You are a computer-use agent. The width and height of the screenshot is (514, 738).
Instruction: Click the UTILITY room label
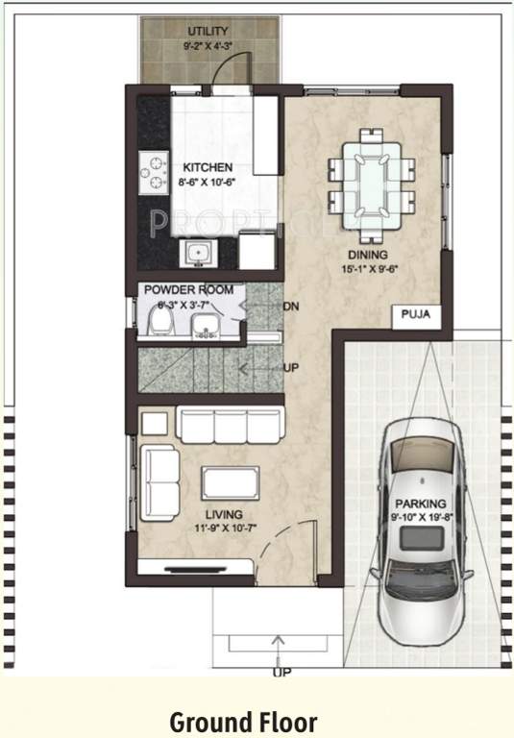[208, 32]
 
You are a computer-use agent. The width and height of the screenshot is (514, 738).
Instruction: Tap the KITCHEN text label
[208, 167]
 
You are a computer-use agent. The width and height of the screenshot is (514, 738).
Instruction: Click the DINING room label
[368, 255]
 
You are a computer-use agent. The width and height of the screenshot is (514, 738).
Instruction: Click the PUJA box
[416, 314]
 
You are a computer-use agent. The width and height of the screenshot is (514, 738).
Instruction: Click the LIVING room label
[223, 514]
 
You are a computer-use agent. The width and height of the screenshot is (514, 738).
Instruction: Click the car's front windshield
[421, 478]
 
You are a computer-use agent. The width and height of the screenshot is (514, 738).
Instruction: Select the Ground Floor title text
[243, 721]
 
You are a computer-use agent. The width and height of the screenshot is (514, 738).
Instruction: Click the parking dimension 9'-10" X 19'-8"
[421, 517]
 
